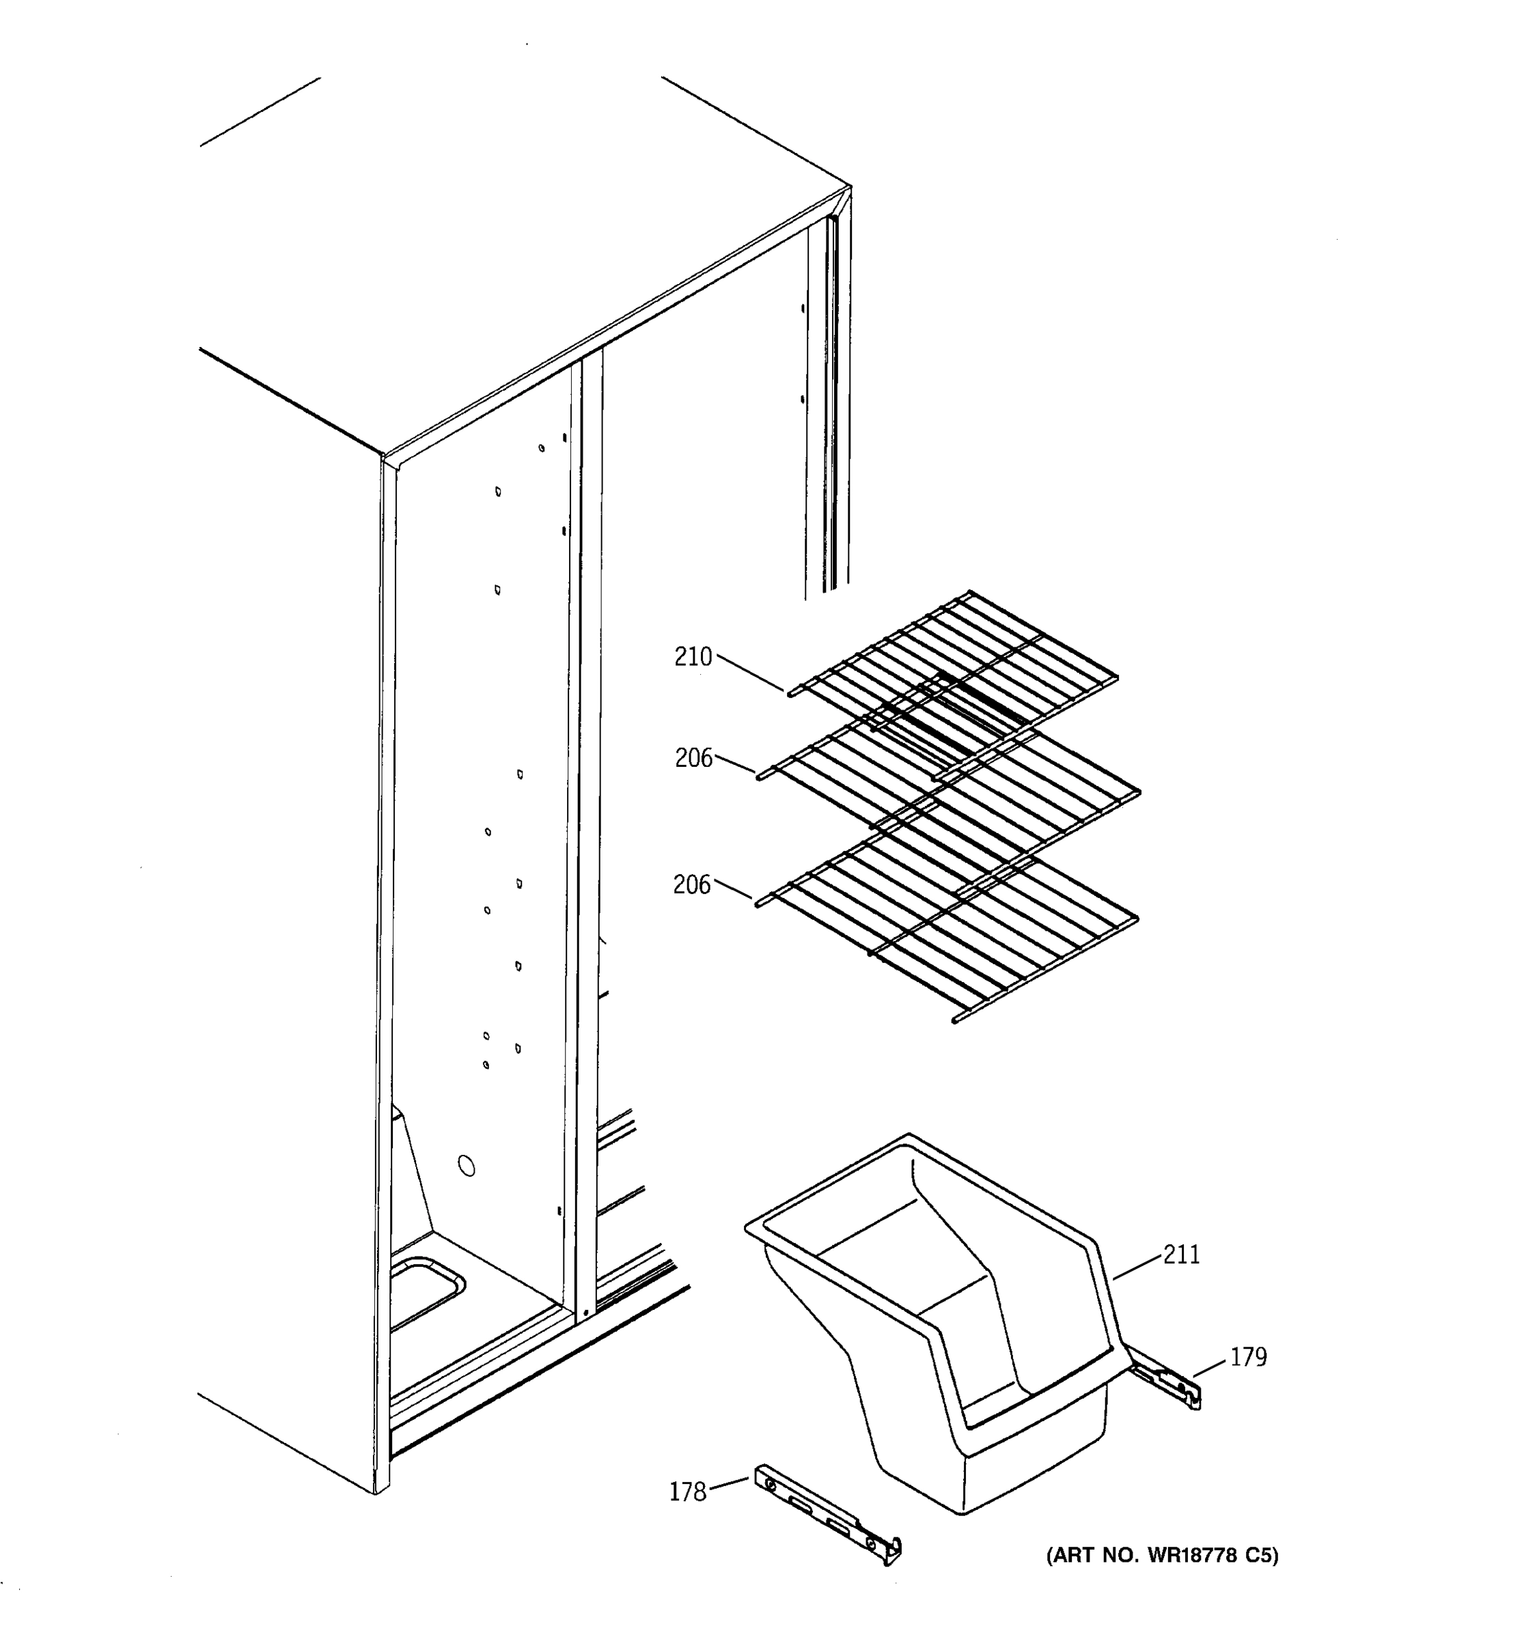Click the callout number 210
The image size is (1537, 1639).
point(692,657)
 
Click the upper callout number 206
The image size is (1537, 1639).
point(693,757)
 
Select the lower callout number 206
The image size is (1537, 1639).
point(691,884)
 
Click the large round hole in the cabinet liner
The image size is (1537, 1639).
point(466,1166)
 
